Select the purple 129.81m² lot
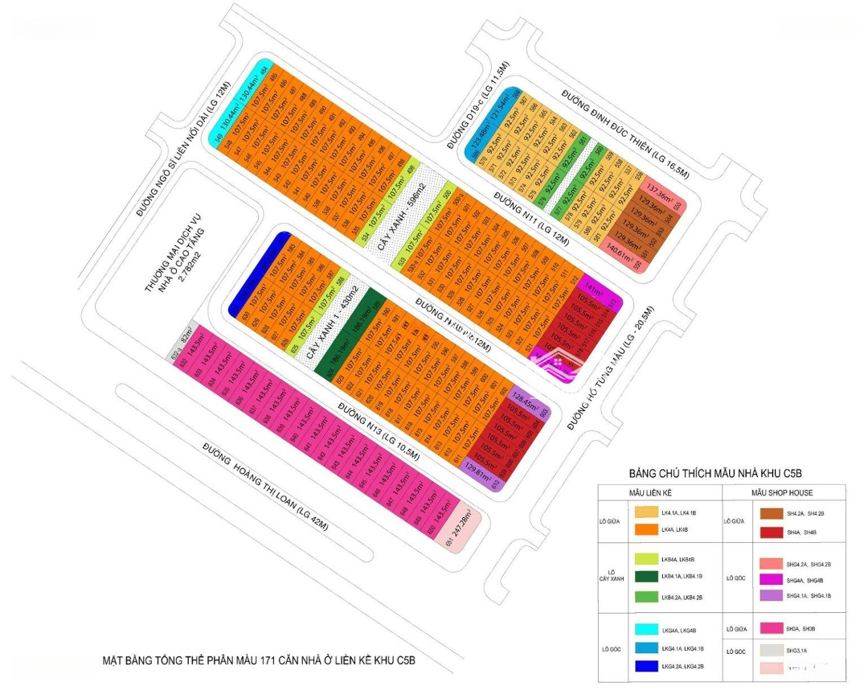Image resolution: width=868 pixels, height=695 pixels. (x=484, y=475)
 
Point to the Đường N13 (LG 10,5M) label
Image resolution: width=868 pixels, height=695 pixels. (x=379, y=432)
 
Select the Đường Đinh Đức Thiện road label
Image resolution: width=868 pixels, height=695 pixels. (x=626, y=130)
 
